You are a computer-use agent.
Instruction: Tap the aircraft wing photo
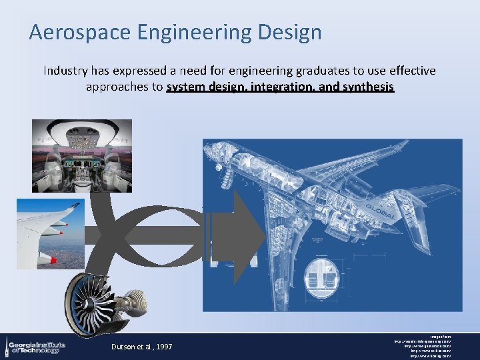(x=50, y=233)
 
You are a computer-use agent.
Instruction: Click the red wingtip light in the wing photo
(x=61, y=233)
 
